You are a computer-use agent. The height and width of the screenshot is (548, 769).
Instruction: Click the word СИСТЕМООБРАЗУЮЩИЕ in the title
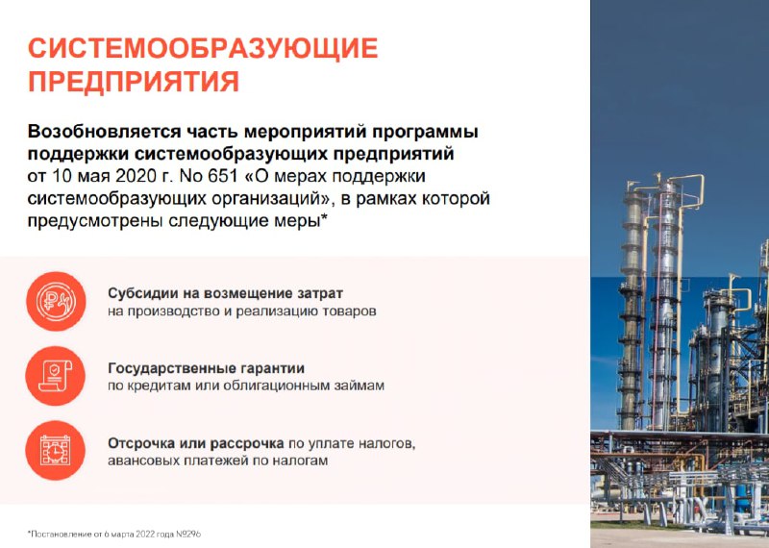pyautogui.click(x=203, y=48)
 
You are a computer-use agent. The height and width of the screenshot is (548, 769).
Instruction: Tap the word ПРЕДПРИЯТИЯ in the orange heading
pyautogui.click(x=134, y=82)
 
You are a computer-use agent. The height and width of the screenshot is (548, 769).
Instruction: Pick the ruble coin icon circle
pyautogui.click(x=56, y=302)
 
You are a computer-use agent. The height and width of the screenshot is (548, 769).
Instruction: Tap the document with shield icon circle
pyautogui.click(x=56, y=376)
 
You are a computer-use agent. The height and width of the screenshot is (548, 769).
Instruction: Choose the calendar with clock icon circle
pyautogui.click(x=56, y=450)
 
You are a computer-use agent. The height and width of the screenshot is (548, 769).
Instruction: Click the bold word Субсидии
pyautogui.click(x=138, y=293)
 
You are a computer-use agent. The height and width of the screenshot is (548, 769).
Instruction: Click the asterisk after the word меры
pyautogui.click(x=323, y=217)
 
